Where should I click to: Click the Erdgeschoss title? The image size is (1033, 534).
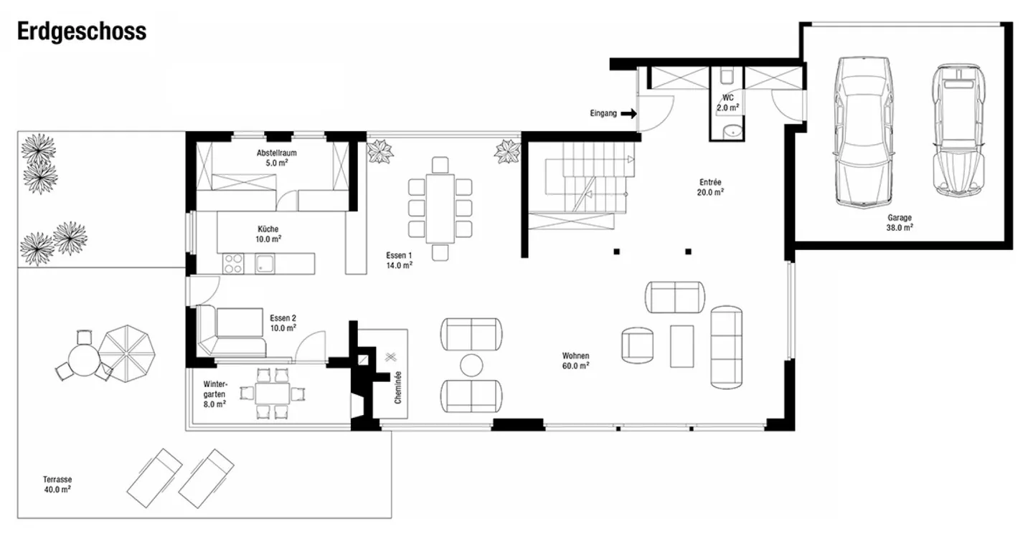[x=82, y=32]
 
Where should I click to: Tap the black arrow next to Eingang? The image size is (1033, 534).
[x=628, y=113]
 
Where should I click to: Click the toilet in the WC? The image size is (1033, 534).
[x=727, y=76]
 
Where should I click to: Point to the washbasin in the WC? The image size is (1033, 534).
[x=732, y=131]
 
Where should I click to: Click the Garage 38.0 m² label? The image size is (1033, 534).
[x=900, y=222]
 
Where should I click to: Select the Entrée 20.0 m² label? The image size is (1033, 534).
[x=710, y=188]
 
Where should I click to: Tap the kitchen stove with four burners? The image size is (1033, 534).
[x=233, y=264]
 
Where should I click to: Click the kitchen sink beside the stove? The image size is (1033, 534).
[x=265, y=264]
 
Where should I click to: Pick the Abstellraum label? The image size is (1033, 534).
[x=277, y=158]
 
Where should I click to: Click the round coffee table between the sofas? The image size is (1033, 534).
[x=471, y=366]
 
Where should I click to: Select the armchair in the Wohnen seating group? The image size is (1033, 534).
[x=637, y=345]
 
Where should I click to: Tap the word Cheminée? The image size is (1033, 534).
[x=398, y=388]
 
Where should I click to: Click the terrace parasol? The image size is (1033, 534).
[x=127, y=353]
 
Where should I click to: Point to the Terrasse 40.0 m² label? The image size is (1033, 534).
[x=57, y=485]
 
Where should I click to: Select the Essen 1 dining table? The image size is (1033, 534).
[x=440, y=209]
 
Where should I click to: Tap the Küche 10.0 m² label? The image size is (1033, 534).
[x=268, y=234]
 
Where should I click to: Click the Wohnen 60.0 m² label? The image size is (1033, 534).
[x=575, y=361]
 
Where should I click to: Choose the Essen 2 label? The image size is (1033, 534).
[x=283, y=323]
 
